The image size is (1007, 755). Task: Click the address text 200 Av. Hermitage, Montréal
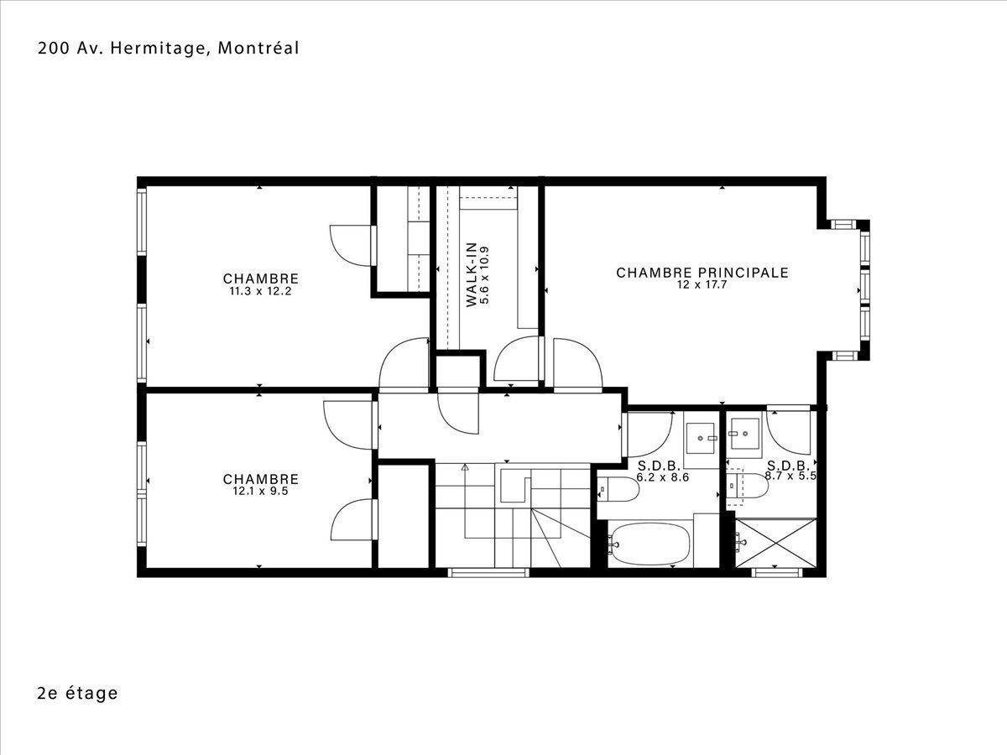click(169, 49)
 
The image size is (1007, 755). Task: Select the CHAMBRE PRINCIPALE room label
click(702, 273)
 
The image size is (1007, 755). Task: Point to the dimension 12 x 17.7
click(702, 284)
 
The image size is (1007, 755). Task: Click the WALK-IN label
click(472, 274)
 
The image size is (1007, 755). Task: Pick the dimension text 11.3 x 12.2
click(261, 292)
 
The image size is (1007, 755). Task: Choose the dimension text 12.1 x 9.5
click(261, 492)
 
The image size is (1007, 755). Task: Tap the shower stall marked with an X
click(775, 544)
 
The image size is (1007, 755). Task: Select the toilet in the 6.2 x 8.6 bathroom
click(618, 489)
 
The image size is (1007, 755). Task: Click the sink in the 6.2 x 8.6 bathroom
click(701, 439)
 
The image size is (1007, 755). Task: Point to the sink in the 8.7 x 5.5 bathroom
click(745, 433)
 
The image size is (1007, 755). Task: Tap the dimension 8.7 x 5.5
click(790, 476)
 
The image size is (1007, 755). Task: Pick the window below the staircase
click(488, 573)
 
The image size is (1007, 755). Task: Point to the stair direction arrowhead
click(465, 467)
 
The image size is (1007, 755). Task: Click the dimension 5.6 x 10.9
click(484, 275)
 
